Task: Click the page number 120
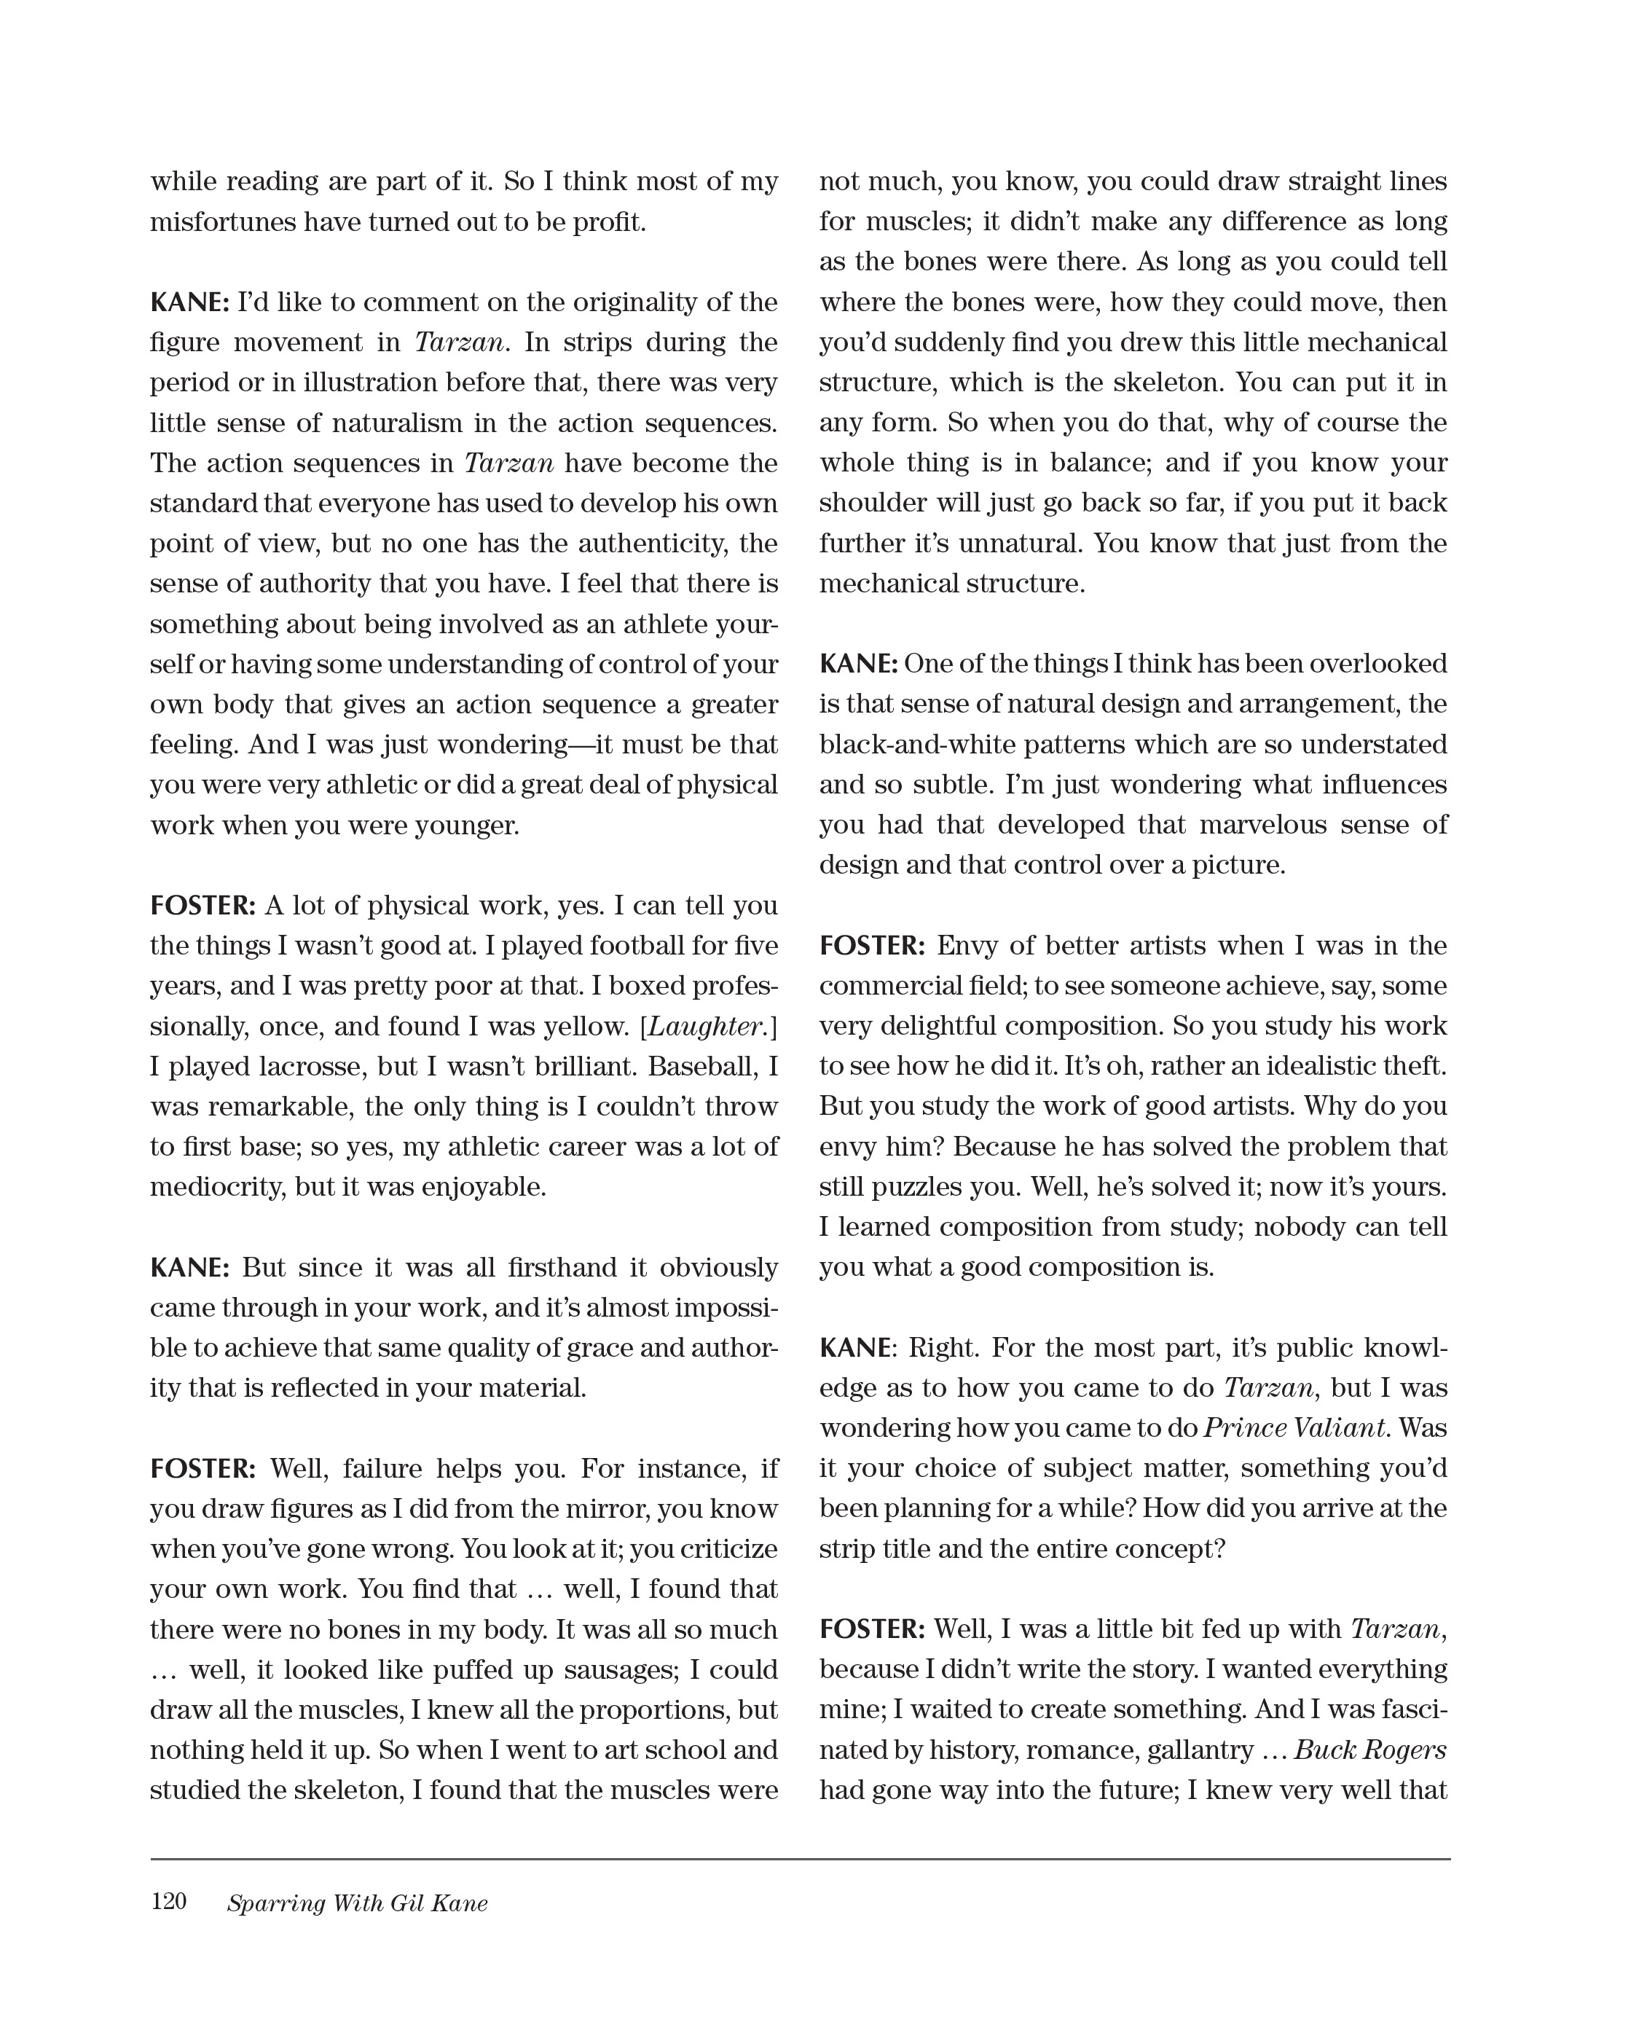tap(168, 1901)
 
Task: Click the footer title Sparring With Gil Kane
tap(357, 1903)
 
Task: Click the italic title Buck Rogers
tap(1370, 1750)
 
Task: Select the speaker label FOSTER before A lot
tap(202, 906)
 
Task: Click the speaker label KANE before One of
tap(857, 664)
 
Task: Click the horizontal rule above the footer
tap(800, 1859)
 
